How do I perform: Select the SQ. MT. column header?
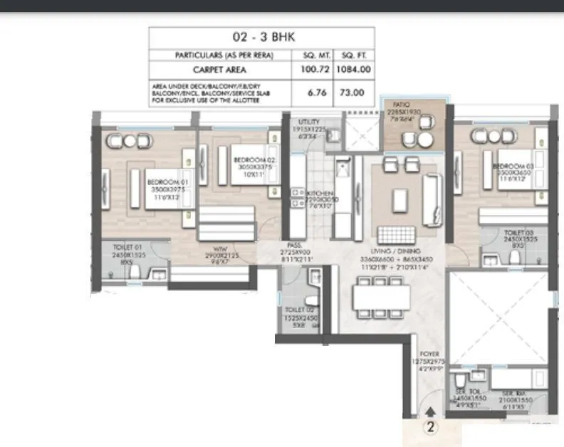click(308, 55)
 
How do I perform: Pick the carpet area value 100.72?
click(308, 70)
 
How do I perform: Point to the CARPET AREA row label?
click(220, 70)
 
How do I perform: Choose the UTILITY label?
click(310, 122)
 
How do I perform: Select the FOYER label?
click(429, 354)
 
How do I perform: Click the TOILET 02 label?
click(298, 310)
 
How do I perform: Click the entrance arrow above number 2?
click(429, 411)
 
